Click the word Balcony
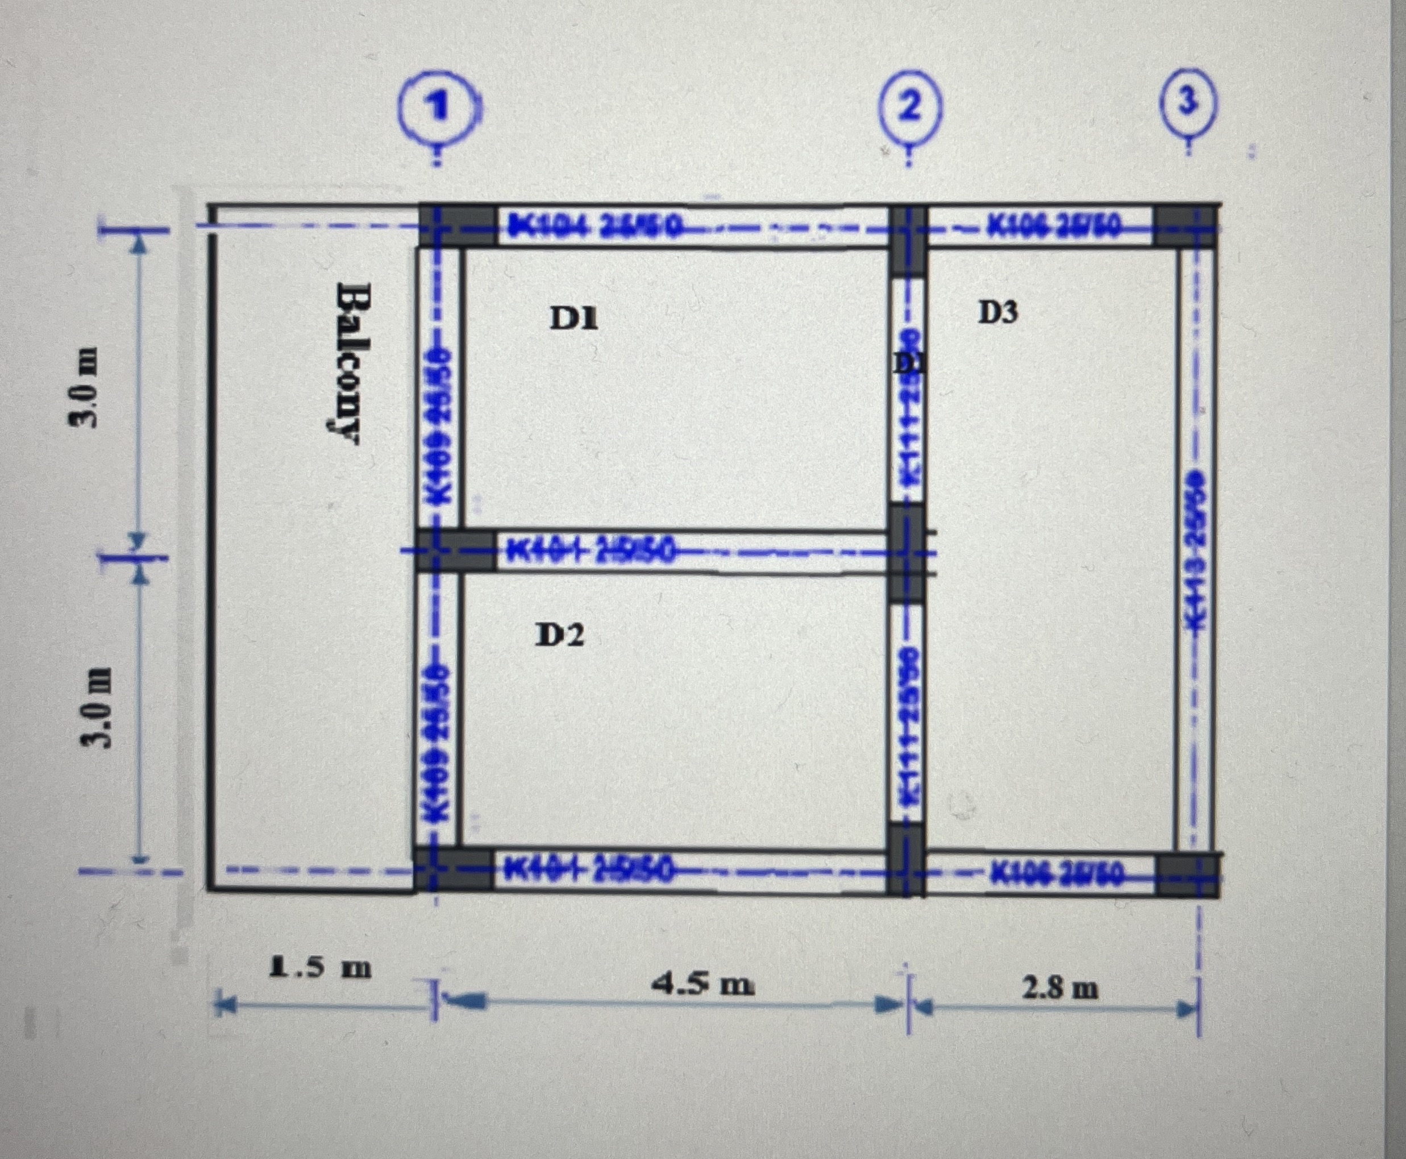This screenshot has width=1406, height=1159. pos(348,362)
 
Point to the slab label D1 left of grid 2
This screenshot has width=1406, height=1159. pos(574,320)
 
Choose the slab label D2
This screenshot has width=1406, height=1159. pos(560,635)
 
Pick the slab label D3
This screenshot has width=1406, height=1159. pos(999,312)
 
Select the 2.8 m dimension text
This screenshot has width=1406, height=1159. pos(1060,987)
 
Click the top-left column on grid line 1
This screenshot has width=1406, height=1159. pos(456,226)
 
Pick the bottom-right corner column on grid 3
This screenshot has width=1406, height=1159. pos(1187,875)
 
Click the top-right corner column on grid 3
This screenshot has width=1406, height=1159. pos(1185,225)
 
